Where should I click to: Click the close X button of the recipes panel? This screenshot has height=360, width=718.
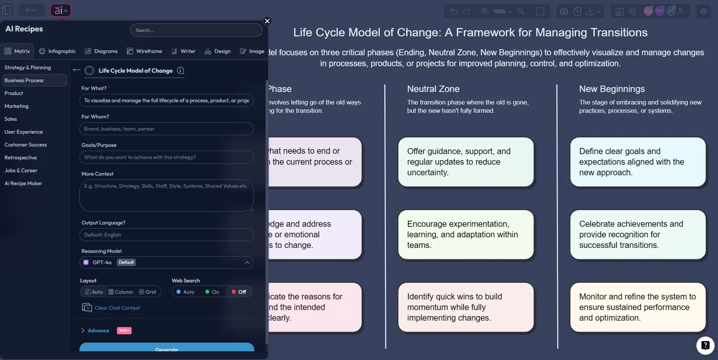[x=267, y=21]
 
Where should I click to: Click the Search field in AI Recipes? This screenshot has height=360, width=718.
[x=196, y=30]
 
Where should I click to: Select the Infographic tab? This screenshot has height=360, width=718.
[x=58, y=51]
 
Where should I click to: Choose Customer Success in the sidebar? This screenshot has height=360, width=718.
[x=26, y=145]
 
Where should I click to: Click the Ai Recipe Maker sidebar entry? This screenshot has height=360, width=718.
[x=23, y=183]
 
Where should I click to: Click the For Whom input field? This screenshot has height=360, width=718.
[x=166, y=129]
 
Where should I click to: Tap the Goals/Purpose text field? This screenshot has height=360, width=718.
[x=166, y=157]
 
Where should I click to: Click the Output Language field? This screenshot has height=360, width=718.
[x=166, y=235]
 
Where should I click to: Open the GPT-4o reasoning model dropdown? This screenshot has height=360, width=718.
[x=166, y=262]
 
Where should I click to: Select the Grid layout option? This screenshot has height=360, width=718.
[x=147, y=292]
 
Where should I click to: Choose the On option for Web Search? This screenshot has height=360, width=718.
[x=212, y=292]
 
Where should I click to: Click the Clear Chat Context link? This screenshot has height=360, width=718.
[x=117, y=308]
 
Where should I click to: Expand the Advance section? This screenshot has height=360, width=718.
[x=98, y=330]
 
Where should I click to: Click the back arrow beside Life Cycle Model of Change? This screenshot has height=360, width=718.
[x=77, y=70]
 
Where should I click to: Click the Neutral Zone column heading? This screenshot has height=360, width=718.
[x=433, y=89]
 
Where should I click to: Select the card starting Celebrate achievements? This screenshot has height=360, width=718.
[x=638, y=235]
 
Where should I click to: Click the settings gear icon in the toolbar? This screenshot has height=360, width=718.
[x=703, y=11]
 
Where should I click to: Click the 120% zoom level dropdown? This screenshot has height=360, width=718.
[x=502, y=11]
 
